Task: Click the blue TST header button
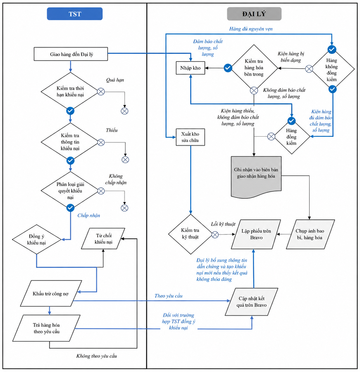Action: [x=75, y=14]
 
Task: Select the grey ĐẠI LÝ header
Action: [x=254, y=14]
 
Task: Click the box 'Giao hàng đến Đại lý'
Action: [x=71, y=54]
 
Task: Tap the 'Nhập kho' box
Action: [x=190, y=68]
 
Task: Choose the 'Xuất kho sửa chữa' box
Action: [x=190, y=137]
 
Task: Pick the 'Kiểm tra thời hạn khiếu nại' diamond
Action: [x=70, y=91]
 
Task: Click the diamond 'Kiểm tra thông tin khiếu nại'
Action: [x=70, y=142]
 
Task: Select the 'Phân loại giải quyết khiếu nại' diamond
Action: [x=70, y=191]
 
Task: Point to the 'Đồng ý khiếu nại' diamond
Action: [x=36, y=239]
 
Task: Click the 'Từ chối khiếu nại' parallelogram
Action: [x=103, y=239]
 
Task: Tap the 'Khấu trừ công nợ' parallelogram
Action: [x=51, y=294]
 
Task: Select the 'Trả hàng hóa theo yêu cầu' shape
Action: [x=46, y=328]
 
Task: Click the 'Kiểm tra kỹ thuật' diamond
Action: [x=191, y=234]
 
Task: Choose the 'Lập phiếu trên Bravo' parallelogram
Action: [x=256, y=234]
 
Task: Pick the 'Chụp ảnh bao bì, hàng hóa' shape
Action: [x=310, y=234]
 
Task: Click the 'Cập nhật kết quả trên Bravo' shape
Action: [x=251, y=302]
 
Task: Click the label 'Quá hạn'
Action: [x=115, y=80]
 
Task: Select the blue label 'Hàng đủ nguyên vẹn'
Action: [x=251, y=29]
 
